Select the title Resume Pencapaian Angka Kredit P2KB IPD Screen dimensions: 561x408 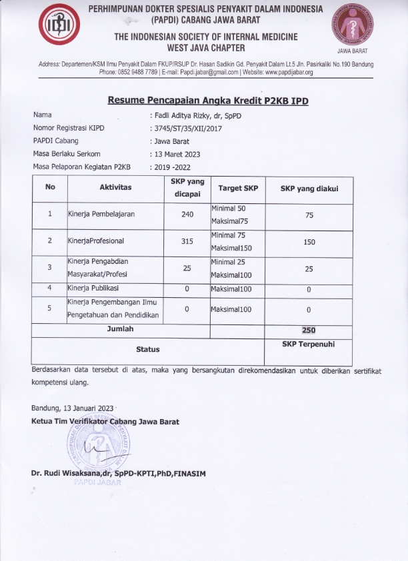point(209,101)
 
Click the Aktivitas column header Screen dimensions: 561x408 point(115,188)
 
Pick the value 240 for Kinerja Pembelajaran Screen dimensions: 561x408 point(187,215)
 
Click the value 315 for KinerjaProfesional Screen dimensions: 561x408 point(187,241)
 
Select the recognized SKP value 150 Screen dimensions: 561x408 point(309,242)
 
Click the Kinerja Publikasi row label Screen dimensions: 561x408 point(93,288)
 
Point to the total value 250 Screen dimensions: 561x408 point(308,330)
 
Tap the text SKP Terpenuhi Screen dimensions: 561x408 point(308,343)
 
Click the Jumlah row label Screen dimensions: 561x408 point(120,329)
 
